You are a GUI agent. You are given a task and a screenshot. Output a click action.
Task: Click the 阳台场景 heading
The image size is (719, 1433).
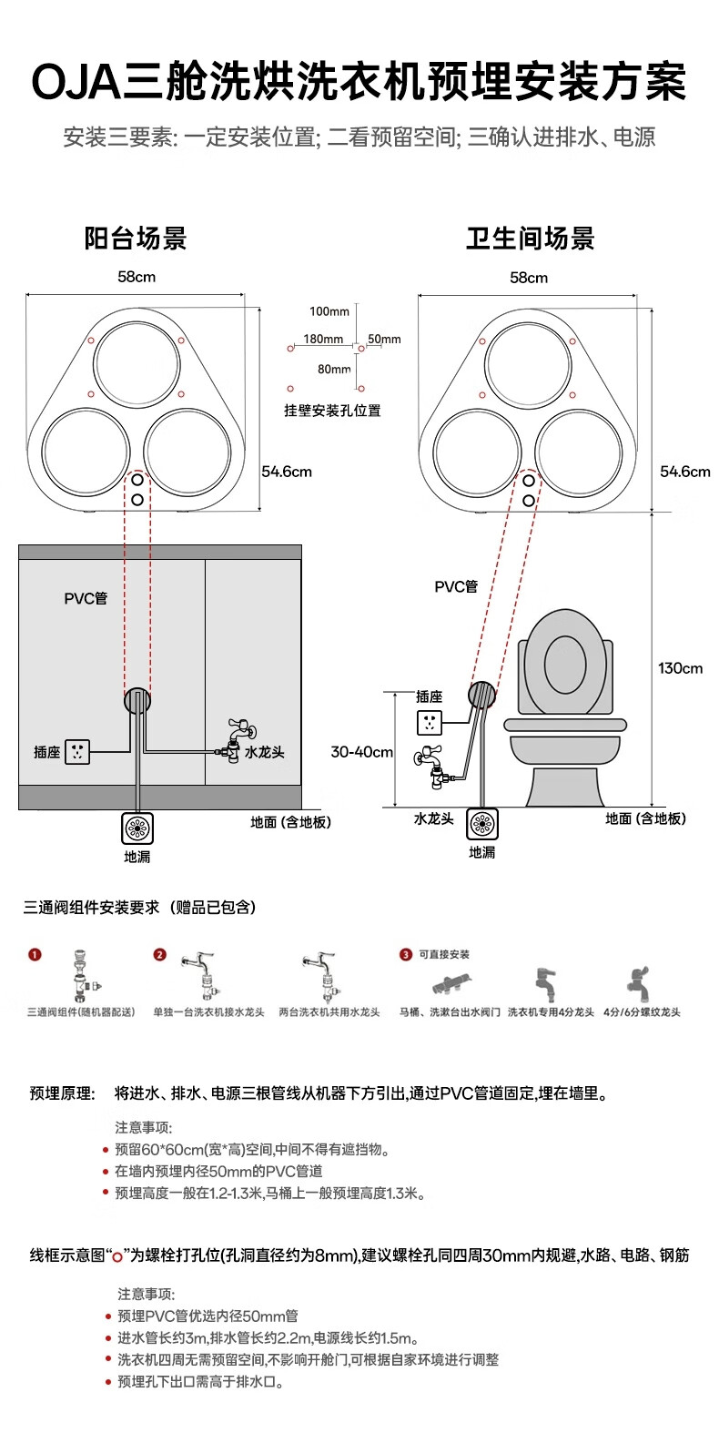pos(136,239)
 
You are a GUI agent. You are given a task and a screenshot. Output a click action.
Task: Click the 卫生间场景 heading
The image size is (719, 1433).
pos(530,239)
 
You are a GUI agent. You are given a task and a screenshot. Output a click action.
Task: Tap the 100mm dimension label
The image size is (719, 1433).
pos(329,312)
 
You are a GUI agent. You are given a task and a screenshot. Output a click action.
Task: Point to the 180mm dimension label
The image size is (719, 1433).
pos(323,340)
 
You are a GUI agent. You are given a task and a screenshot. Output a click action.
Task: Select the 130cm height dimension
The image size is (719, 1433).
pos(680,668)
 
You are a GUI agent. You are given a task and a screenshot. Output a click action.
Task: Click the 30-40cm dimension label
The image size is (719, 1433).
pos(361,752)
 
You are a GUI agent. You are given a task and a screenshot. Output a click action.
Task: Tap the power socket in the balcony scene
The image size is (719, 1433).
pos(77,752)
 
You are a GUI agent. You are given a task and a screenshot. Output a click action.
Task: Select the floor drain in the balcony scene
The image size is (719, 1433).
pos(137,828)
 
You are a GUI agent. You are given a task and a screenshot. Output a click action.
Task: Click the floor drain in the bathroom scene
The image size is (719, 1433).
pos(482,824)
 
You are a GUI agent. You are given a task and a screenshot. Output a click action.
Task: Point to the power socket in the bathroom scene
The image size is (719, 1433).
pos(430,723)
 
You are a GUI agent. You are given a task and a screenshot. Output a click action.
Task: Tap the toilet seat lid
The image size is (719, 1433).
pos(565,661)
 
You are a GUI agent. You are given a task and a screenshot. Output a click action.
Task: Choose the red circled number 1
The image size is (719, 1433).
pos(35,954)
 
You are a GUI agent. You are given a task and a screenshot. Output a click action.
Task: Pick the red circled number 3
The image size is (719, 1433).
pos(406,954)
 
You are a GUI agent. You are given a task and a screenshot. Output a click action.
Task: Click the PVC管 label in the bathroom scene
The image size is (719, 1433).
pos(456,586)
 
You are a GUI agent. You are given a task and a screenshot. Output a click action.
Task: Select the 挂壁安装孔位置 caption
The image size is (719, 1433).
pos(332,411)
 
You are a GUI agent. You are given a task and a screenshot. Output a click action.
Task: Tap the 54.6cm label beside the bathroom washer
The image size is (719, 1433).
pos(684,472)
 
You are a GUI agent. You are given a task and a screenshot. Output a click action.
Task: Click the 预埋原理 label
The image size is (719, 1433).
pos(62,1093)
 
